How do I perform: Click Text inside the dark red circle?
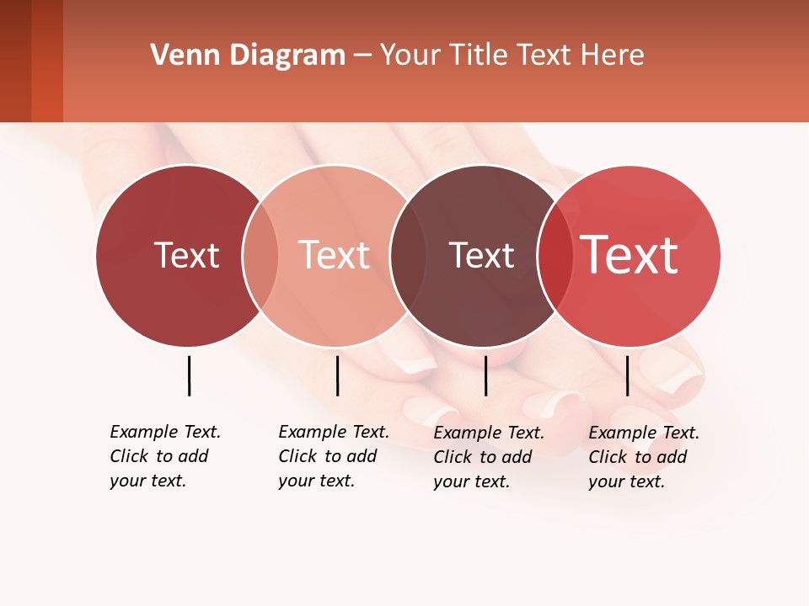click(x=186, y=255)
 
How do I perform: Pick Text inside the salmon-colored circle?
click(x=334, y=255)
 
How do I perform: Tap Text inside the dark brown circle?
click(x=481, y=255)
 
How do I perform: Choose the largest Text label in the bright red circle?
click(x=629, y=255)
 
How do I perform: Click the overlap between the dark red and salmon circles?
click(x=260, y=255)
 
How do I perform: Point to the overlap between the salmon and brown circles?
click(x=407, y=255)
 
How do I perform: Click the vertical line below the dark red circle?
click(x=189, y=375)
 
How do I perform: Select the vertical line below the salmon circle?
click(x=337, y=375)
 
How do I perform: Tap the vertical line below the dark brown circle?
click(x=485, y=375)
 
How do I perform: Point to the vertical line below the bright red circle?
click(x=627, y=375)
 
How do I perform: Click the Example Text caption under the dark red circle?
click(x=164, y=456)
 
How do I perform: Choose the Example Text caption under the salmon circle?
click(x=333, y=456)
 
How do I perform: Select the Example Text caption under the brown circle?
click(x=488, y=457)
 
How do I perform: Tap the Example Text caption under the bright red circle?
click(x=643, y=457)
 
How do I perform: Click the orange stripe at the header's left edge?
click(x=46, y=61)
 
